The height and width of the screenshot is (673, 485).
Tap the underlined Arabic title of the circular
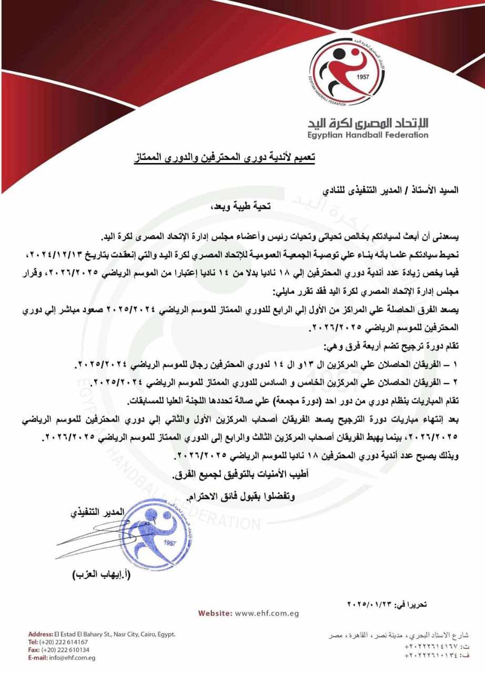tap(223, 157)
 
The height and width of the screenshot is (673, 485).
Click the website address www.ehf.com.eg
tap(267, 613)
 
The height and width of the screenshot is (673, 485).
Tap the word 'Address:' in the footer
tap(41, 634)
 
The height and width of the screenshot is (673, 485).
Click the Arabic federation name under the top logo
tap(368, 123)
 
